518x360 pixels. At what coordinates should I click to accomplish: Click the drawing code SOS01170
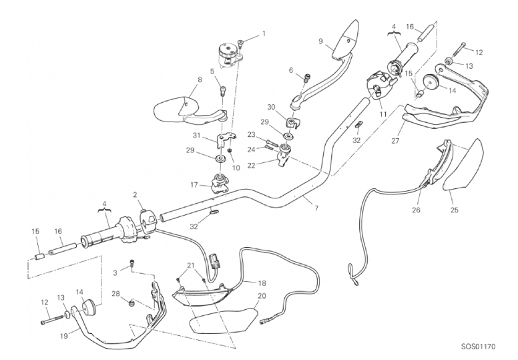coord(479,347)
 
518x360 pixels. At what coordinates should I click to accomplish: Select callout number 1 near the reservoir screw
coord(264,33)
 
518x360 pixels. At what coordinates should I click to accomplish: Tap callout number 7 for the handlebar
coord(316,208)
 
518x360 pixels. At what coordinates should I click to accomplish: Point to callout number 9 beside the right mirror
coord(320,41)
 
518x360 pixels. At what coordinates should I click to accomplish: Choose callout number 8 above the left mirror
coord(200,79)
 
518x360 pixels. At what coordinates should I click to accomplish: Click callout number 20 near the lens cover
coord(262,296)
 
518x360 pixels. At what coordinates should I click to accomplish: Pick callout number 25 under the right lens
coord(455,210)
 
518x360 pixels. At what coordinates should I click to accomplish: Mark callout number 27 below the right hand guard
coord(395,141)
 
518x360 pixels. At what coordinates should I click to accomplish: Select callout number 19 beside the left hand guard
coord(64,336)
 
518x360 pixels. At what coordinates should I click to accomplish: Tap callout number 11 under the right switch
coord(383,114)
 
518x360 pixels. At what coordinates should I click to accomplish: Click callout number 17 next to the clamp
coord(194,185)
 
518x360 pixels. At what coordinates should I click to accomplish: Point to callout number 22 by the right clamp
coord(252,166)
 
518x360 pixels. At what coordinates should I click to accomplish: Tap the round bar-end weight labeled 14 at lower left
coord(89,308)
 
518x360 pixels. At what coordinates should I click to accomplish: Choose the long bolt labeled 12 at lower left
coord(53,320)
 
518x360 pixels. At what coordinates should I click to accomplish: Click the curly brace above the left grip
coord(104,209)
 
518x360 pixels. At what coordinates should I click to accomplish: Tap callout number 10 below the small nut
coord(236,168)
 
